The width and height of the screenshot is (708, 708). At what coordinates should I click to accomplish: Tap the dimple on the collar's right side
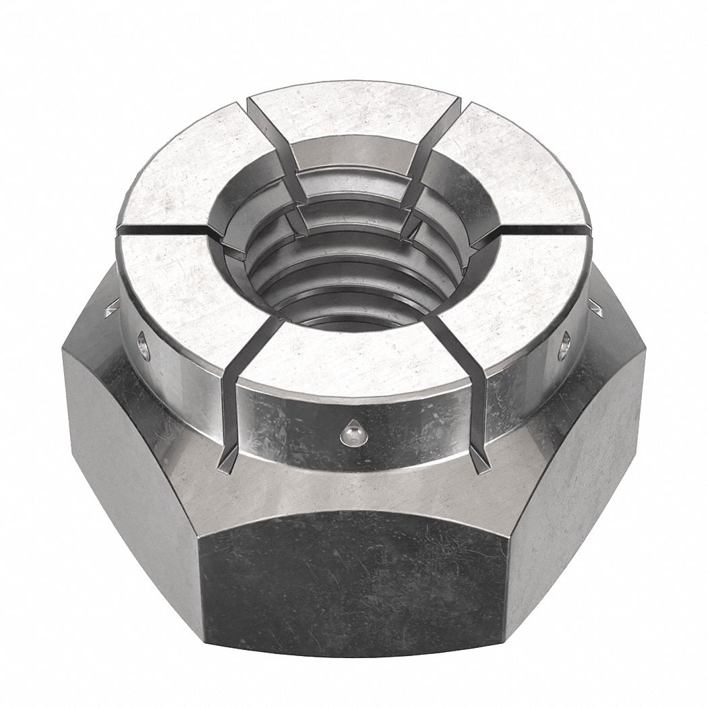pyautogui.click(x=564, y=345)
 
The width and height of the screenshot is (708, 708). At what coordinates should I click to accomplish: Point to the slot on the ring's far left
pyautogui.click(x=162, y=231)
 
